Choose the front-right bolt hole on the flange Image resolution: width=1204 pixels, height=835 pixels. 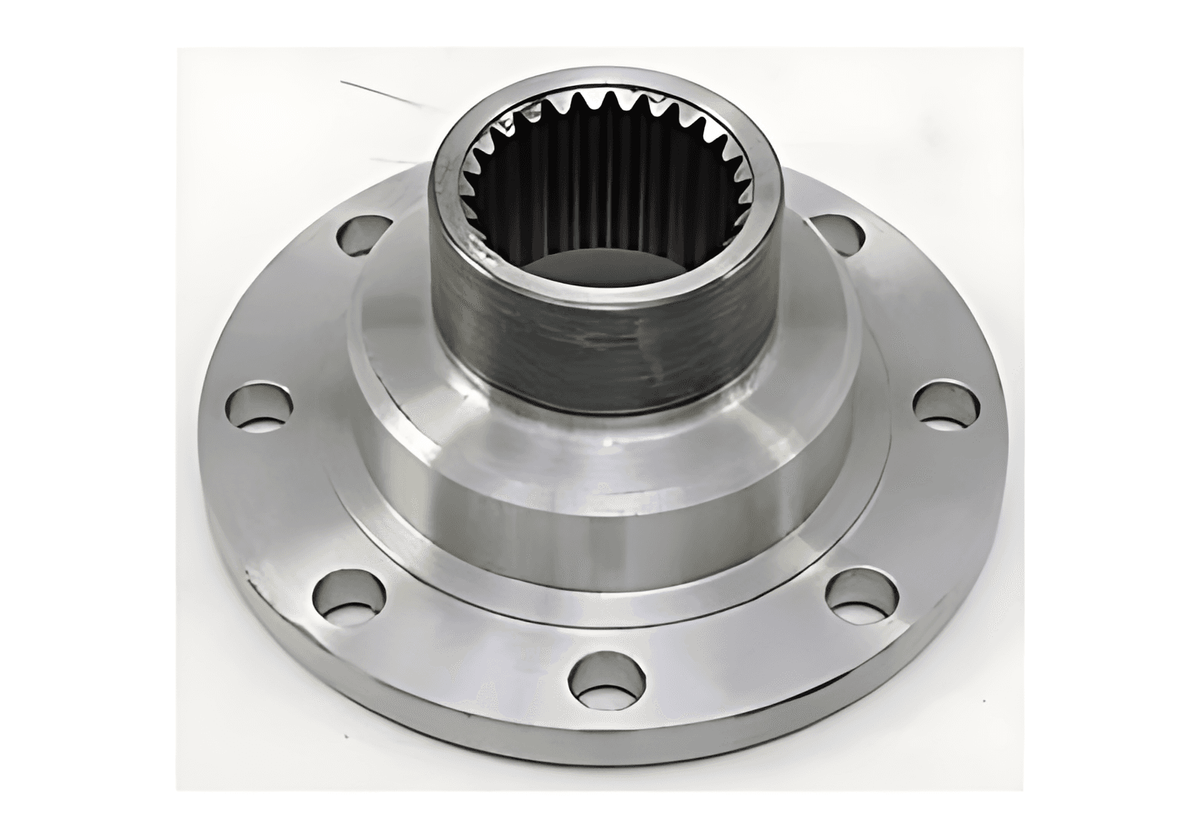(862, 595)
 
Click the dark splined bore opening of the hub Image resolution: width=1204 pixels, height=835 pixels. (607, 192)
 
